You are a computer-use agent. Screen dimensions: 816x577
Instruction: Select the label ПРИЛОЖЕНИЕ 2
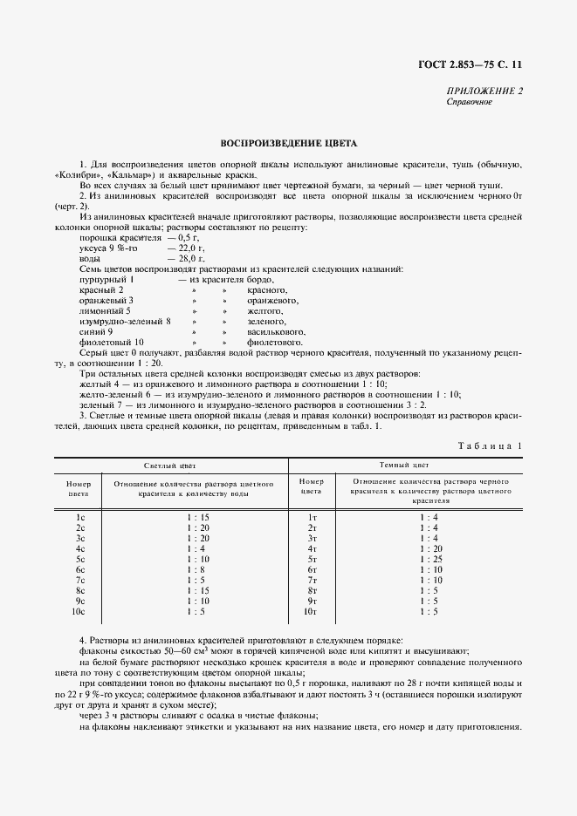point(484,91)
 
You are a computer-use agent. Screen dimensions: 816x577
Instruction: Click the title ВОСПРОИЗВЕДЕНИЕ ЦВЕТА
point(288,143)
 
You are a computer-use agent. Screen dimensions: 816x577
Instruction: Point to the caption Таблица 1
point(490,446)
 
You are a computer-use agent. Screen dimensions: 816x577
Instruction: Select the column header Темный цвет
point(404,466)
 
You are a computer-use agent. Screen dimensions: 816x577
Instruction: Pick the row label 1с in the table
point(79,518)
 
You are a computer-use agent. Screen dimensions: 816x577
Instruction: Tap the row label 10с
point(79,612)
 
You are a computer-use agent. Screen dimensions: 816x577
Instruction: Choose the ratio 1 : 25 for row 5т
point(428,560)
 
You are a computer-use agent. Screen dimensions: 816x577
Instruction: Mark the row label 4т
point(312,549)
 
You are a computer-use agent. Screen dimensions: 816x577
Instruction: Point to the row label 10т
point(310,612)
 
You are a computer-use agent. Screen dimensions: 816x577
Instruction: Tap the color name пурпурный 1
point(106,280)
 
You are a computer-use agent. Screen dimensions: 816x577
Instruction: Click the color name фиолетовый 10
point(112,343)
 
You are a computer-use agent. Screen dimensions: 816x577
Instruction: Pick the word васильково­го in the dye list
point(276,332)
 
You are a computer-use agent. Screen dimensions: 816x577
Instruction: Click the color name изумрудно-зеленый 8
point(125,322)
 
